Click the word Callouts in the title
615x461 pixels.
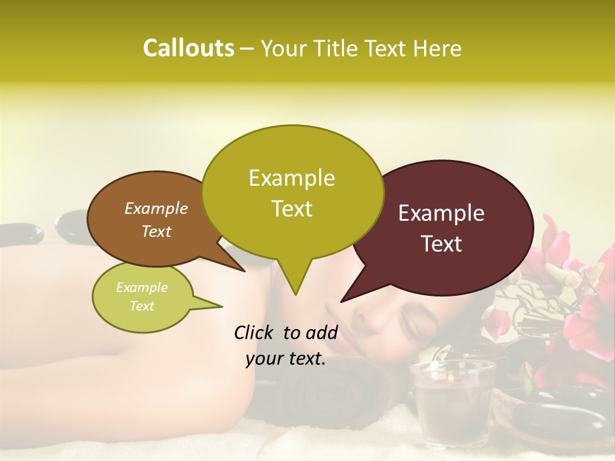(188, 48)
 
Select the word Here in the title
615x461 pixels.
(438, 49)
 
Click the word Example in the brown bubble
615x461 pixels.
(156, 208)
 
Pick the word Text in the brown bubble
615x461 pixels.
(156, 231)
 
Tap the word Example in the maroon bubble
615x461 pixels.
(441, 213)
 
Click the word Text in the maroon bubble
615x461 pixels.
(442, 243)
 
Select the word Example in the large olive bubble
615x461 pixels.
(291, 178)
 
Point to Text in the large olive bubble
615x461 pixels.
(292, 209)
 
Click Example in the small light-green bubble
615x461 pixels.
(142, 287)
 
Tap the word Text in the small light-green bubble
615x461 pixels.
(142, 306)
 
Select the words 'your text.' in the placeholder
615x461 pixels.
(286, 359)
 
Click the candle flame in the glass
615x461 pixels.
(450, 378)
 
